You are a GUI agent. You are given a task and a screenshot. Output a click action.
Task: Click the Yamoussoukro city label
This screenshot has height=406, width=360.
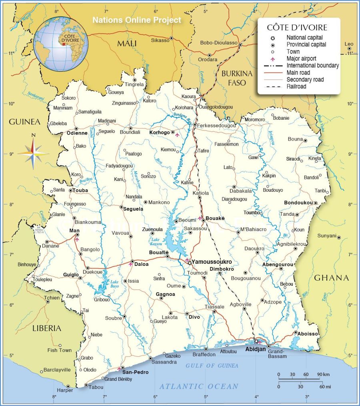coord(212,262)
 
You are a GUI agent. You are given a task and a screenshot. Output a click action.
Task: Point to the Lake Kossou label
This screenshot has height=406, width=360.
coord(155,241)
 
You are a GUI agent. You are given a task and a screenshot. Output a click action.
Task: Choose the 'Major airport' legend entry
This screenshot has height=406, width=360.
coord(301,58)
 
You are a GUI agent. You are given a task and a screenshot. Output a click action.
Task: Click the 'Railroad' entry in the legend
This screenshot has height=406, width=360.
coord(296,86)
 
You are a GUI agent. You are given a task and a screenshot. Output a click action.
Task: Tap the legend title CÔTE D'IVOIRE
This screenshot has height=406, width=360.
coord(297,28)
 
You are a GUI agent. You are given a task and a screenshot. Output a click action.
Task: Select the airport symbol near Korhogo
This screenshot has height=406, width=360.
coord(177,135)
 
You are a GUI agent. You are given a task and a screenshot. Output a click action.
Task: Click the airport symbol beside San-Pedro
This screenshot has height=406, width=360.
coord(119,369)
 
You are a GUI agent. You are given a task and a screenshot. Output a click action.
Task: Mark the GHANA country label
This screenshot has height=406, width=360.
coord(331,278)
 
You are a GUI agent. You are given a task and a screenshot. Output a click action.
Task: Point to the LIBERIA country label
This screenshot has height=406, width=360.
coord(47,328)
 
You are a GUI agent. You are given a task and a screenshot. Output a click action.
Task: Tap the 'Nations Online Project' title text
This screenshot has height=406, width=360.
coord(137,20)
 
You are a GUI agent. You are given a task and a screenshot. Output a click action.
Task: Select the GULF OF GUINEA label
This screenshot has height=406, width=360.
coord(212,366)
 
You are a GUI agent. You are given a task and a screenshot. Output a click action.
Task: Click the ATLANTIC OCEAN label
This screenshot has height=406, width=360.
coord(199,386)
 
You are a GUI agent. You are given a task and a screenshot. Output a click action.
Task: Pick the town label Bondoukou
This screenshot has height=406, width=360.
coord(298,203)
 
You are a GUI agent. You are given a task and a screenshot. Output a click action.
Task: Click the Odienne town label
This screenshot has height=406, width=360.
coord(77,133)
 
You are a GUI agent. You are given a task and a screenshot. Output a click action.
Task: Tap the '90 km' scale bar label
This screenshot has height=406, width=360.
coord(323,374)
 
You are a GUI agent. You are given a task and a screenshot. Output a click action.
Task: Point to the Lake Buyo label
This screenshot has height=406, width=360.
coord(115,284)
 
